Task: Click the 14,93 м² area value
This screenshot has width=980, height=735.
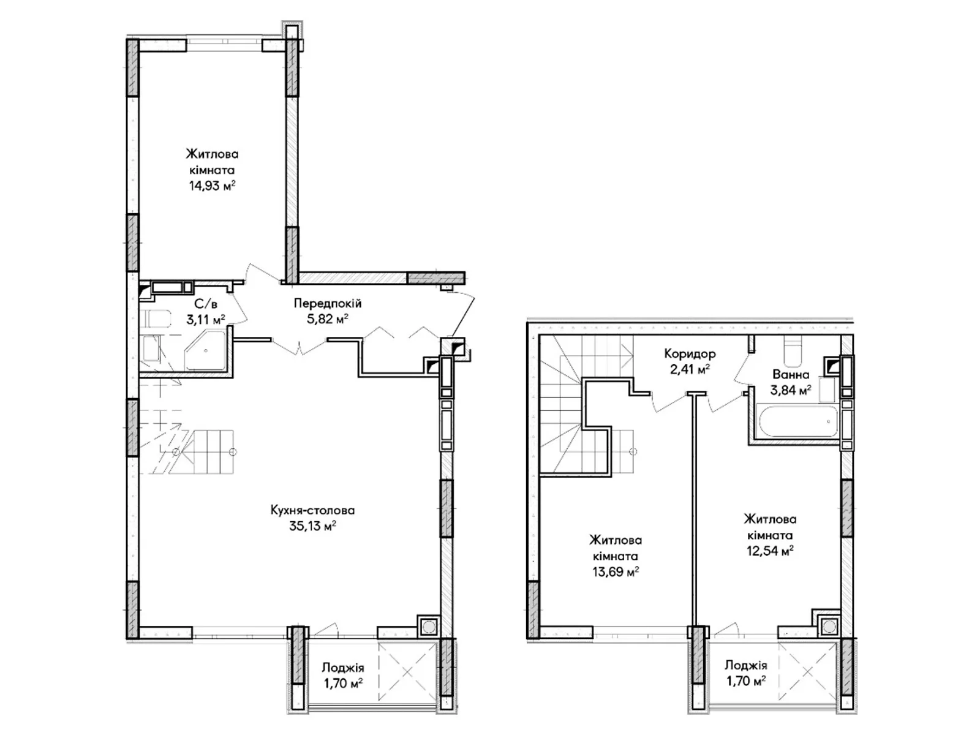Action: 212,186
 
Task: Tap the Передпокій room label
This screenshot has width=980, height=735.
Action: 327,303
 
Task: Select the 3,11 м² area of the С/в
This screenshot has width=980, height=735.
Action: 205,319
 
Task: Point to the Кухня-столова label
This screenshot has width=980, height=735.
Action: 312,510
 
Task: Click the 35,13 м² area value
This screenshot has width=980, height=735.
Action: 312,526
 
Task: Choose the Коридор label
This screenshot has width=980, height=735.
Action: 690,354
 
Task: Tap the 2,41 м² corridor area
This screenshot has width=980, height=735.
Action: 690,369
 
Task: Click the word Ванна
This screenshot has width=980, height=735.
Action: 791,374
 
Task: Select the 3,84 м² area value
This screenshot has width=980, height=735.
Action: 791,391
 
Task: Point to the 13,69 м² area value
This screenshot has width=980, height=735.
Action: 616,571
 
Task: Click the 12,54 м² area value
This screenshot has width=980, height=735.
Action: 770,551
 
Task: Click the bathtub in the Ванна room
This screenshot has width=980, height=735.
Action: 797,421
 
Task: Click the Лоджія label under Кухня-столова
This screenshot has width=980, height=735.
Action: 343,668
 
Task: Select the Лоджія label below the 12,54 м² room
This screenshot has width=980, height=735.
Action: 745,665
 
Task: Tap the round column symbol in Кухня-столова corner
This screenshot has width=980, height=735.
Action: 428,627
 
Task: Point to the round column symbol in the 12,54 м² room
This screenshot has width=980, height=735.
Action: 829,627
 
